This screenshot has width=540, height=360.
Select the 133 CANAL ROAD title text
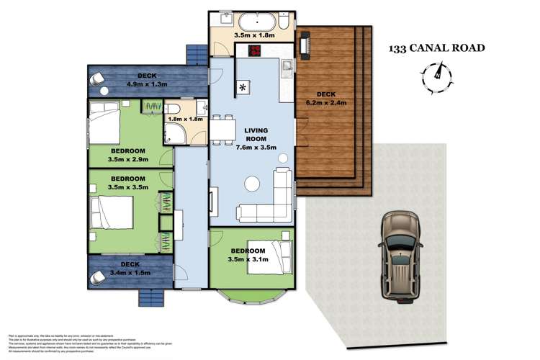pos(436,48)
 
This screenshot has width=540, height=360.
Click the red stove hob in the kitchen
pos(256,50)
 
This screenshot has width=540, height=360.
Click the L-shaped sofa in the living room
pos(270,202)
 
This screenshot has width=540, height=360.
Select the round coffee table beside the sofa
pos(253,184)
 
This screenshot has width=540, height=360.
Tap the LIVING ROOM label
pos(251,134)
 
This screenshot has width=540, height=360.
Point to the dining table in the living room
pos(224,128)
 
